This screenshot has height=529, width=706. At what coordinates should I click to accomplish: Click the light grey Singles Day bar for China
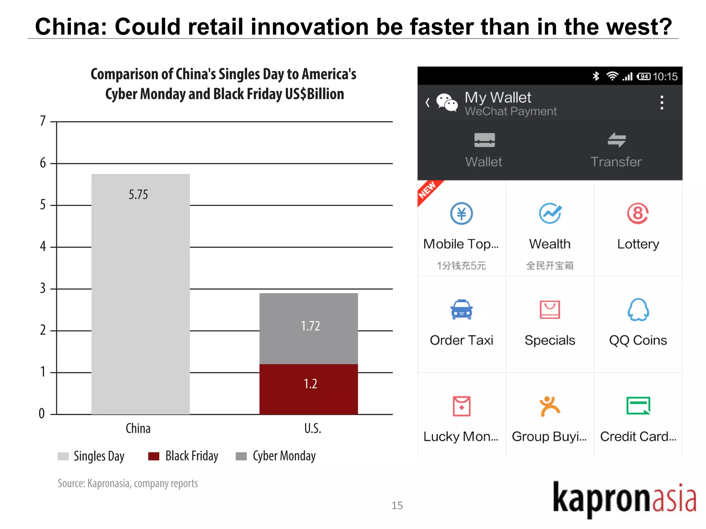pos(140,303)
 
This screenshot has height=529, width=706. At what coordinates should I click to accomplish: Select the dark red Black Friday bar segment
pos(309,389)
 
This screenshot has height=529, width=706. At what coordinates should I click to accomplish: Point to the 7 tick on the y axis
pos(43,121)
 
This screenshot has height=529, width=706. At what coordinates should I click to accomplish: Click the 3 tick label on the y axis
pos(43,288)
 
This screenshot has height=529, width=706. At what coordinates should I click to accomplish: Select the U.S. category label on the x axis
pos(312,428)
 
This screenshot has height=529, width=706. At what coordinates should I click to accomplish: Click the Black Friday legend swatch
pos(154,456)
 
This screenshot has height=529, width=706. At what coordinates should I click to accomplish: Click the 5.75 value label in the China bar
pos(138,195)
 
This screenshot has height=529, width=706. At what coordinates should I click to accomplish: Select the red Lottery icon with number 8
pos(638,213)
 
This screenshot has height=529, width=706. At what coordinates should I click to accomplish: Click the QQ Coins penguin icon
pos(638,310)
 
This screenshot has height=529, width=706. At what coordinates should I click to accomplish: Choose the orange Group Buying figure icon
pos(549,406)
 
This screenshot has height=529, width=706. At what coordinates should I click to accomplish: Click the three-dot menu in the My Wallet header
pos(662,103)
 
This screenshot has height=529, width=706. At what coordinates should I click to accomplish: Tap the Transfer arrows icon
pos(616,140)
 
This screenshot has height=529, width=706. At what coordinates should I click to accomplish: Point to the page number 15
pos(397,505)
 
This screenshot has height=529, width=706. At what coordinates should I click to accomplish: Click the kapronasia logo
pos(624,499)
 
